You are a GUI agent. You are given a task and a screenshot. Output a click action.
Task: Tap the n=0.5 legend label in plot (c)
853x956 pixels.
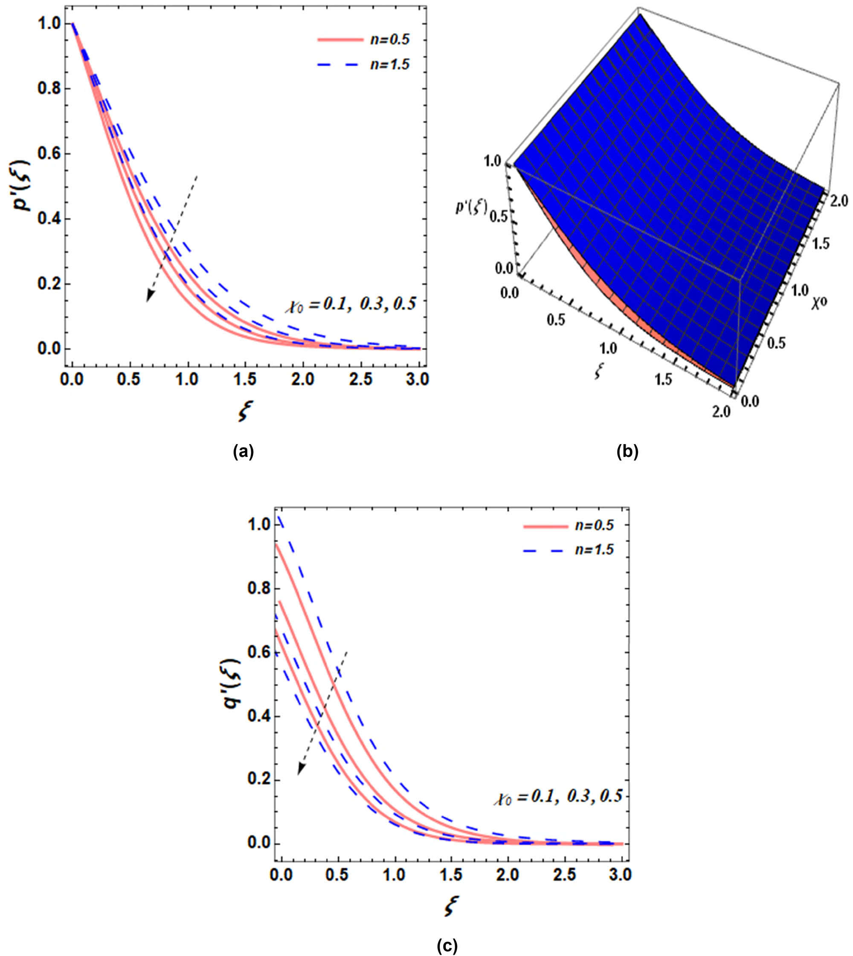pos(593,526)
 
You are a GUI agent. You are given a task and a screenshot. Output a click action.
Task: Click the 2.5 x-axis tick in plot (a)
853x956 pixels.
pos(361,379)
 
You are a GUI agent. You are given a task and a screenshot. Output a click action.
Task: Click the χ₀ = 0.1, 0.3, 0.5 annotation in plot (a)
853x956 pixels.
pos(350,304)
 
